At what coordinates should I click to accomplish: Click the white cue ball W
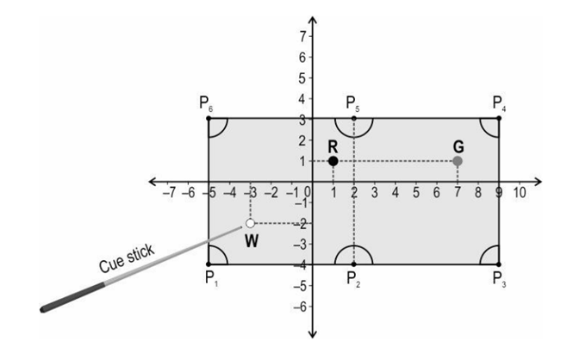[250, 223]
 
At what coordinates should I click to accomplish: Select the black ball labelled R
[333, 161]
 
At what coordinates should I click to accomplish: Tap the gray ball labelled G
[458, 161]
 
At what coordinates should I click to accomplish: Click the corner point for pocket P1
[209, 264]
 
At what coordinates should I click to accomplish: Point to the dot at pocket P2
[354, 264]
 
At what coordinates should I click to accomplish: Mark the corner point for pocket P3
[499, 264]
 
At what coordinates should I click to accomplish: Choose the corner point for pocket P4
[499, 118]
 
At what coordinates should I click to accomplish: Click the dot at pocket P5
[354, 118]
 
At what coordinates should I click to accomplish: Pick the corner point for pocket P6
[209, 118]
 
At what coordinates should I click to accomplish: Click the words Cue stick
[127, 258]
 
